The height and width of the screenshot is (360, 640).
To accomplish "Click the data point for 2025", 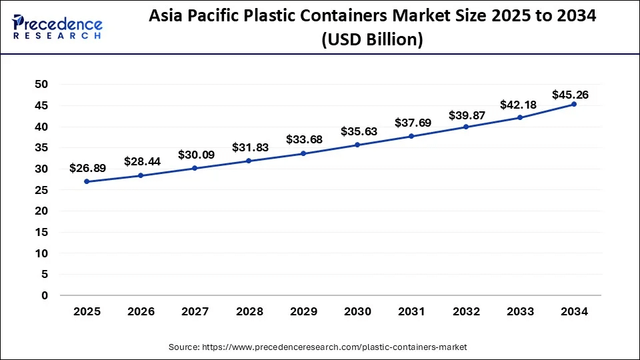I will coord(87,181).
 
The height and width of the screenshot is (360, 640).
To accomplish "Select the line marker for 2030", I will coord(357,145).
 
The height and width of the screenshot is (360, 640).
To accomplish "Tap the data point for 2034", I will coord(573,104).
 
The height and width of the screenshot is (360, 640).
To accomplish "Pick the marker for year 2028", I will coord(249,161).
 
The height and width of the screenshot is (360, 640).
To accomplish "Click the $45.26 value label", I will coord(570,95).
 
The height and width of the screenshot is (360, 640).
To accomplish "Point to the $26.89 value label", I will coord(87,169).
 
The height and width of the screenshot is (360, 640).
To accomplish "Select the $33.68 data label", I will coord(303,139).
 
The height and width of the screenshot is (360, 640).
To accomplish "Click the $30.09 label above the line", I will coord(195,155).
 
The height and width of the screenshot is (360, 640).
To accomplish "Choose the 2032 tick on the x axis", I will coord(465,311).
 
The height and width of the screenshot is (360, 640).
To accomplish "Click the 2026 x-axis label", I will coord(141,311).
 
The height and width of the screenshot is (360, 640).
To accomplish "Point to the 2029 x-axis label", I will coord(303,311).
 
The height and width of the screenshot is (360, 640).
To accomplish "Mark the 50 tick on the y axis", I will coord(41,85).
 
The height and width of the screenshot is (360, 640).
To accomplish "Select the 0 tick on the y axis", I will coord(45,295).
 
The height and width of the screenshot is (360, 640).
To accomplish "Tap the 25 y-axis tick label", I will coord(41,190).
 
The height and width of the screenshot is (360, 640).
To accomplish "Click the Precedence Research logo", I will coord(57,27).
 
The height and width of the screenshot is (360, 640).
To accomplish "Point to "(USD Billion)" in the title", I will coord(372,40).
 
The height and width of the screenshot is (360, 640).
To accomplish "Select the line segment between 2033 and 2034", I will coord(547,111).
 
